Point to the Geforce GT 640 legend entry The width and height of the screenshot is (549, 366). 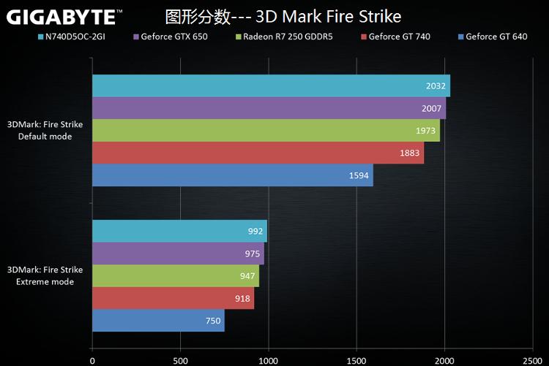coord(496,37)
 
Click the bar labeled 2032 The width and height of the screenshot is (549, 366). coord(271,85)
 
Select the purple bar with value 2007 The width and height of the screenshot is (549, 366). coord(269,108)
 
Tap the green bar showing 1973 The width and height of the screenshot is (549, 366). coord(266,130)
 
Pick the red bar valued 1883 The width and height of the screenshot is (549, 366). coord(258,153)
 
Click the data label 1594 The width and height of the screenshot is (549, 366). coord(357,175)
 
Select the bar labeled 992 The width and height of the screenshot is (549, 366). coord(179,231)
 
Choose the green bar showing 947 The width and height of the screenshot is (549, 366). coord(176,275)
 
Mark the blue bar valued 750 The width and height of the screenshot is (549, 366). coord(158,320)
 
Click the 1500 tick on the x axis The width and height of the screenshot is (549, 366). coord(357,360)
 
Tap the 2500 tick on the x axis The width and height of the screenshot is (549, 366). coord(533,360)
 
